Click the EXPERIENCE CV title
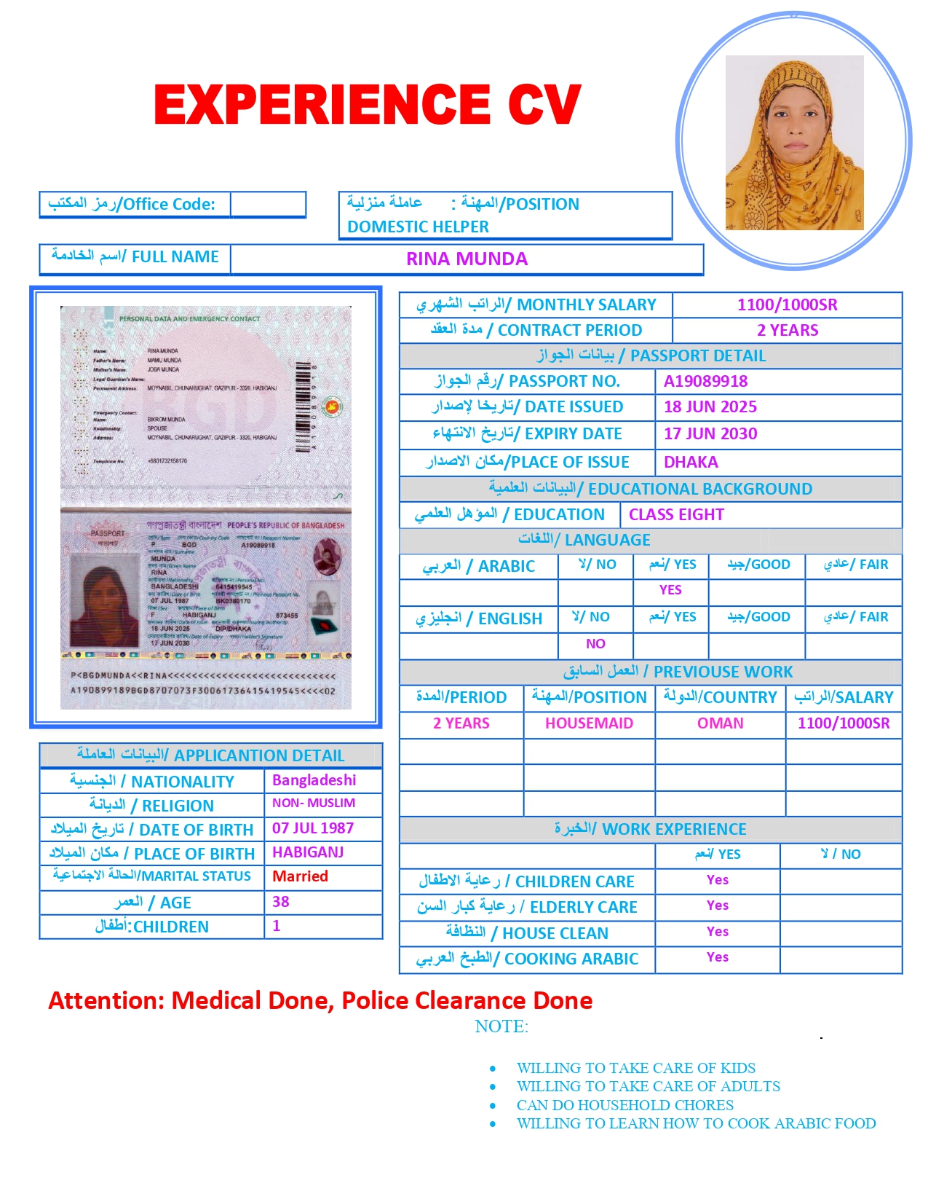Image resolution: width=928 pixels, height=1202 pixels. coord(368,104)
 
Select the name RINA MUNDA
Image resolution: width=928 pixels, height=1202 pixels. coord(467,259)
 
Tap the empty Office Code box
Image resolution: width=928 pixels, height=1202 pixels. coord(267,204)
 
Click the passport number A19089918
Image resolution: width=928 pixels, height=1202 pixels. coord(705,381)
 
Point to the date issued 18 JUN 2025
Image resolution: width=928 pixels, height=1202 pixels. coord(710,406)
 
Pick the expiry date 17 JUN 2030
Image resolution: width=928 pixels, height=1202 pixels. coord(710,433)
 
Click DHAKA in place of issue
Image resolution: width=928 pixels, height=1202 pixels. coord(690,462)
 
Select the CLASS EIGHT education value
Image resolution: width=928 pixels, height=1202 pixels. coord(676,514)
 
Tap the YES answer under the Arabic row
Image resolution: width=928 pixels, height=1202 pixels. coord(670,590)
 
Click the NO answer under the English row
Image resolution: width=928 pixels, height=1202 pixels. coord(595,644)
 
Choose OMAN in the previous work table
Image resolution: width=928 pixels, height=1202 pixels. coord(720,723)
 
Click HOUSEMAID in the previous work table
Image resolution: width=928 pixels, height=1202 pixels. coord(589,723)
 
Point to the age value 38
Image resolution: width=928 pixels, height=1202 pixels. coord(281,902)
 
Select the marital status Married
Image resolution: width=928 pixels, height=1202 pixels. coord(300,876)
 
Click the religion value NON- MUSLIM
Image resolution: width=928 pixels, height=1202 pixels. coord(314,803)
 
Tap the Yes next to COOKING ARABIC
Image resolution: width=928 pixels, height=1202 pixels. coord(717,957)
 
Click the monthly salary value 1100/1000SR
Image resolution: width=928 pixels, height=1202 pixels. coord(787,305)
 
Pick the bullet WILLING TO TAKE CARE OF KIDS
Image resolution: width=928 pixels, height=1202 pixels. coord(635,1068)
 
